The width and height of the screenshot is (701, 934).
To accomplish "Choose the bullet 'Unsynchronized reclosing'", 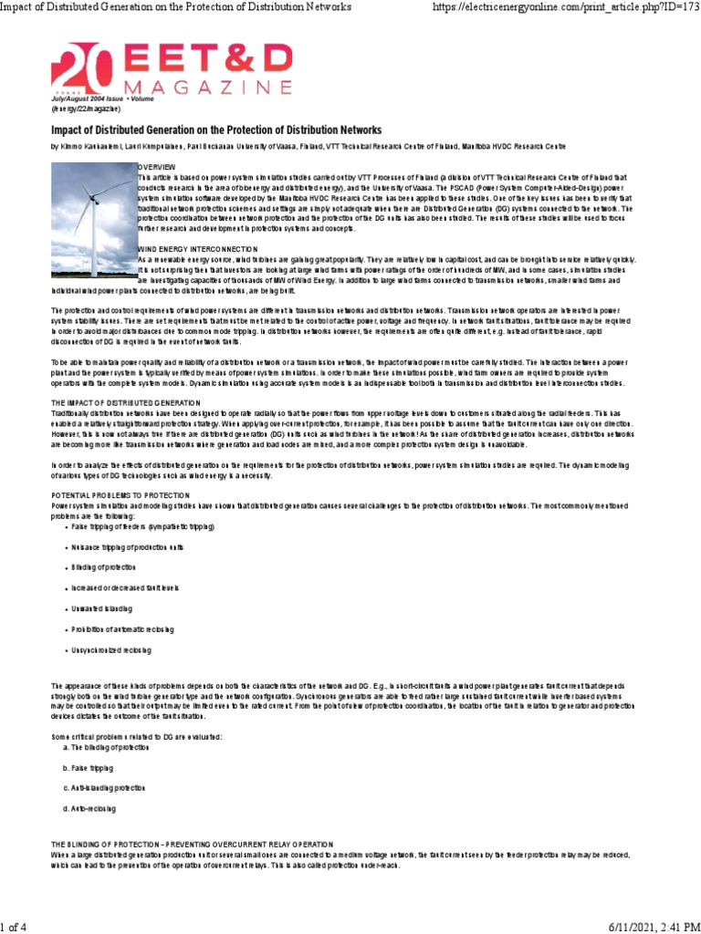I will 112,649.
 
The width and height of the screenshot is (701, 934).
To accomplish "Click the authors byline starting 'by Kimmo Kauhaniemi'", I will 308,146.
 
